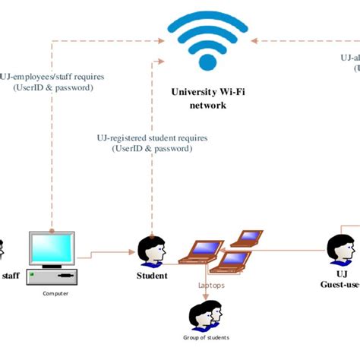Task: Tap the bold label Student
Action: [x=152, y=276]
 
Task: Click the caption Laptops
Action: [x=212, y=286]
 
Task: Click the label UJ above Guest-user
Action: [x=341, y=274]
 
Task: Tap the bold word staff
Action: [x=11, y=276]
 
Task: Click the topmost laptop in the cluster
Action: [x=246, y=238]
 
